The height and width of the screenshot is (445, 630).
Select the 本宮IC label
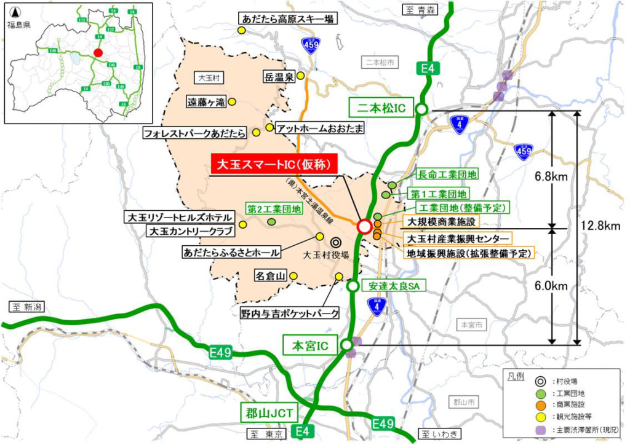pos(311,345)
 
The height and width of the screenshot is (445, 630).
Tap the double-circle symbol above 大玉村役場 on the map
pos(336,242)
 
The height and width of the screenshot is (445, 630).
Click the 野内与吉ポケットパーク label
pos(290,314)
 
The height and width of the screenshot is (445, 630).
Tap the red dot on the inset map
pos(98,53)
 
